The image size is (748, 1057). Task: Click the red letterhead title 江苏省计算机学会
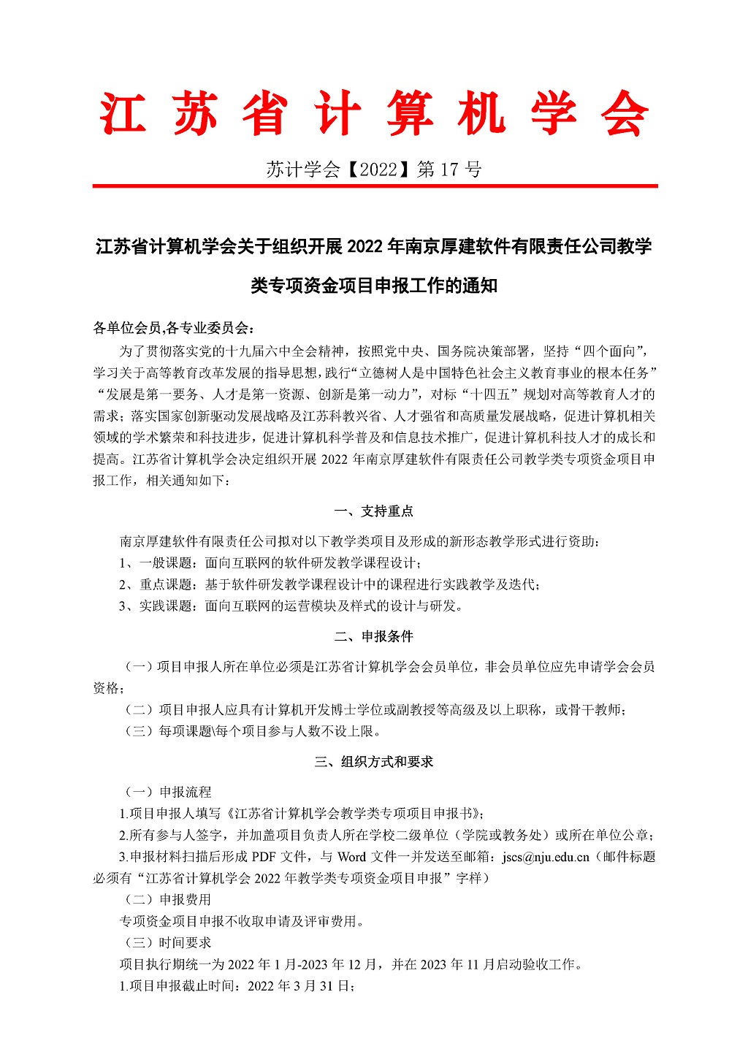click(374, 115)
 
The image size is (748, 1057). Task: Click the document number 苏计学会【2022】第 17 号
click(374, 170)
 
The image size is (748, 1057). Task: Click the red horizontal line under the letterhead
click(374, 187)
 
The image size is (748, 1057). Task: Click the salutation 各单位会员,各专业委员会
click(174, 328)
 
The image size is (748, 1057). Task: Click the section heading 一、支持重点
click(374, 511)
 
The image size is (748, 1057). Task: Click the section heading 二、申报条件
click(374, 637)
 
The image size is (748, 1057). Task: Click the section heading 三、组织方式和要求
click(374, 762)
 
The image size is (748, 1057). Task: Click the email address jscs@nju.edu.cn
click(546, 857)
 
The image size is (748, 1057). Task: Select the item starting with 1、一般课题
click(271, 563)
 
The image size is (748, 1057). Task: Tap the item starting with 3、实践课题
click(291, 606)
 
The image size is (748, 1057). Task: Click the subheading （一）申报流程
click(166, 793)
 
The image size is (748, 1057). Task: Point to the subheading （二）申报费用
click(166, 900)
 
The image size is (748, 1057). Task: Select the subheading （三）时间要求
click(166, 943)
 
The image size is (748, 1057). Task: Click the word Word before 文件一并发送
click(351, 857)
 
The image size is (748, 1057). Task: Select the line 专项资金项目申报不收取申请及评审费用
click(242, 922)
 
